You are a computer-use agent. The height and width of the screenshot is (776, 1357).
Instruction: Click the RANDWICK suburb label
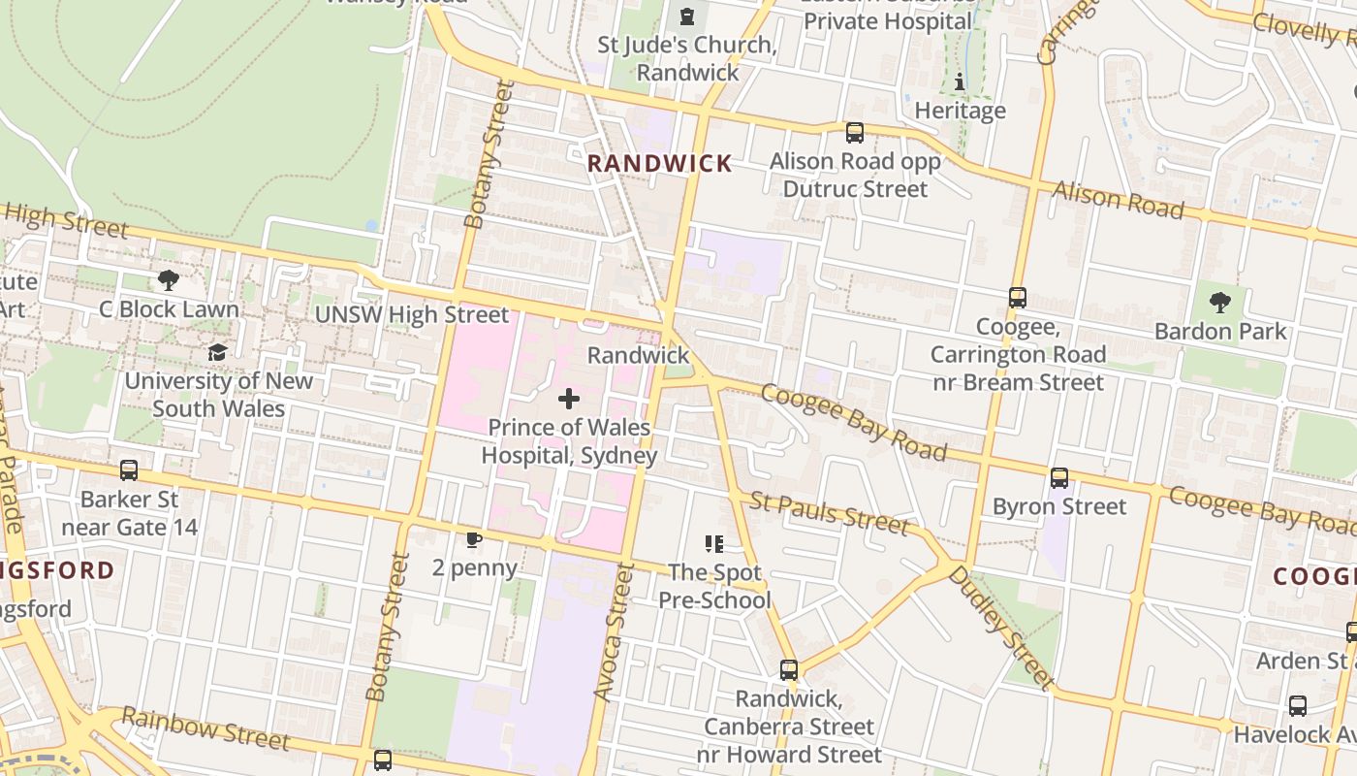tap(660, 164)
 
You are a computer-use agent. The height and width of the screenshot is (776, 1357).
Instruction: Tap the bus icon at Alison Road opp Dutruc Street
tap(854, 132)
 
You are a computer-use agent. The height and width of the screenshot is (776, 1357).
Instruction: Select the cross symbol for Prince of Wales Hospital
tap(569, 398)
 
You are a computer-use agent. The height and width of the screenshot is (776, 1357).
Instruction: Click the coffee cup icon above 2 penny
tap(473, 539)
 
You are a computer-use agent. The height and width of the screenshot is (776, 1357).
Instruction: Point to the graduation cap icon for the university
tap(217, 352)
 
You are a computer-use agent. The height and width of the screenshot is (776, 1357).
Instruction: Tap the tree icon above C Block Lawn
tap(168, 281)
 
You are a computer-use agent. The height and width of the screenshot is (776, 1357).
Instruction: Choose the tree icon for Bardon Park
tap(1220, 303)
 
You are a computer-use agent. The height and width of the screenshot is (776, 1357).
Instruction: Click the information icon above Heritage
tap(960, 81)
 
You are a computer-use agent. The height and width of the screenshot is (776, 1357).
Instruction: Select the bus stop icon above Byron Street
tap(1059, 477)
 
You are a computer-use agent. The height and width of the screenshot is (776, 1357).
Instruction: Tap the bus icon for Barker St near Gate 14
tap(129, 470)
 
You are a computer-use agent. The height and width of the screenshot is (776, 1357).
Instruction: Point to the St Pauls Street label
tap(830, 514)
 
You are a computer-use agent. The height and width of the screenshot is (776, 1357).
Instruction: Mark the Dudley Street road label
tap(1000, 627)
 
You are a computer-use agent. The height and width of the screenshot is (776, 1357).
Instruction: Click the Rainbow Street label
tap(205, 728)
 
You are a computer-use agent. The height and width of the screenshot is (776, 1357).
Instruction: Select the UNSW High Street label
tap(411, 315)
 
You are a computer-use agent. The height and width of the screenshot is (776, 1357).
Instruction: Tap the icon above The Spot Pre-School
tap(714, 544)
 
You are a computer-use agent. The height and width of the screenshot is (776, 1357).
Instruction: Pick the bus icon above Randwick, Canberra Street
tap(789, 669)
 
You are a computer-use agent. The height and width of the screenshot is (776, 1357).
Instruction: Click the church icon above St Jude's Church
tap(687, 16)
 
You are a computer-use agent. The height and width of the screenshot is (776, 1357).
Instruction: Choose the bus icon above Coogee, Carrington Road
tap(1017, 298)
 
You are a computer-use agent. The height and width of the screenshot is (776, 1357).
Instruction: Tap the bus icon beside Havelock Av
tap(1297, 705)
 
